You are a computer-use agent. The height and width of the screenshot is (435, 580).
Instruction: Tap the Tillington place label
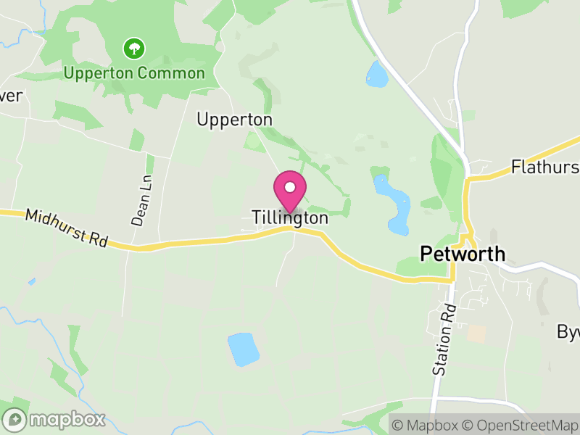tap(290, 217)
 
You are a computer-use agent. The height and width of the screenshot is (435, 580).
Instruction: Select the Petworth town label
tap(463, 254)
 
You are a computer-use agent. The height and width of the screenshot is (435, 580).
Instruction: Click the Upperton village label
tap(234, 120)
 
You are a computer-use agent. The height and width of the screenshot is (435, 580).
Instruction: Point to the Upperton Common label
tap(134, 73)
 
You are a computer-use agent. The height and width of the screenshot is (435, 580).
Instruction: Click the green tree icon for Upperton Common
tap(134, 49)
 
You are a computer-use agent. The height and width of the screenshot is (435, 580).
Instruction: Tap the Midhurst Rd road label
tap(67, 228)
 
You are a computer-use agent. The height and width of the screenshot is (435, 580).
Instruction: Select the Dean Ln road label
tap(141, 201)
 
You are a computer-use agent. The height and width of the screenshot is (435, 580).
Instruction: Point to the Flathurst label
tap(544, 167)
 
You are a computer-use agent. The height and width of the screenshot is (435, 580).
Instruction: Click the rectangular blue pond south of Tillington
tap(243, 349)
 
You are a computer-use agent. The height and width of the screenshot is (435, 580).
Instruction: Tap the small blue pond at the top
tap(377, 74)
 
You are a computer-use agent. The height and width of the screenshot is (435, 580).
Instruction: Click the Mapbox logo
tap(54, 419)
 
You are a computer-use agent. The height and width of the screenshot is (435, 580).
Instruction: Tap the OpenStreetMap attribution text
tap(522, 425)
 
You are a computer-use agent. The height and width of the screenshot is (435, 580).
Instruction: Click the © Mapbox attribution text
tap(425, 425)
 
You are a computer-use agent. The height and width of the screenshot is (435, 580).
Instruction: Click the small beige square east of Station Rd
tap(476, 333)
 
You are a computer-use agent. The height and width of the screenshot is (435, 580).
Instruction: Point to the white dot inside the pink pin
tap(290, 187)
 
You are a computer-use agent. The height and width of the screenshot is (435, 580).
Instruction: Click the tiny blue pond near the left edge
tap(31, 281)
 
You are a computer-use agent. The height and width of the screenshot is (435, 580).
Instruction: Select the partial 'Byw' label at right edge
tap(568, 332)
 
